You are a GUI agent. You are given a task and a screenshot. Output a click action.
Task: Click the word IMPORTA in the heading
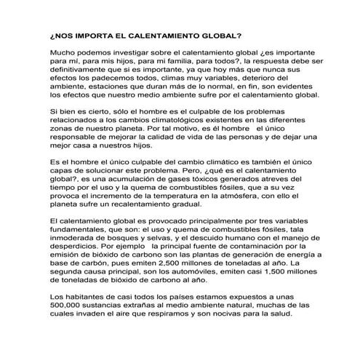(x=93, y=34)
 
